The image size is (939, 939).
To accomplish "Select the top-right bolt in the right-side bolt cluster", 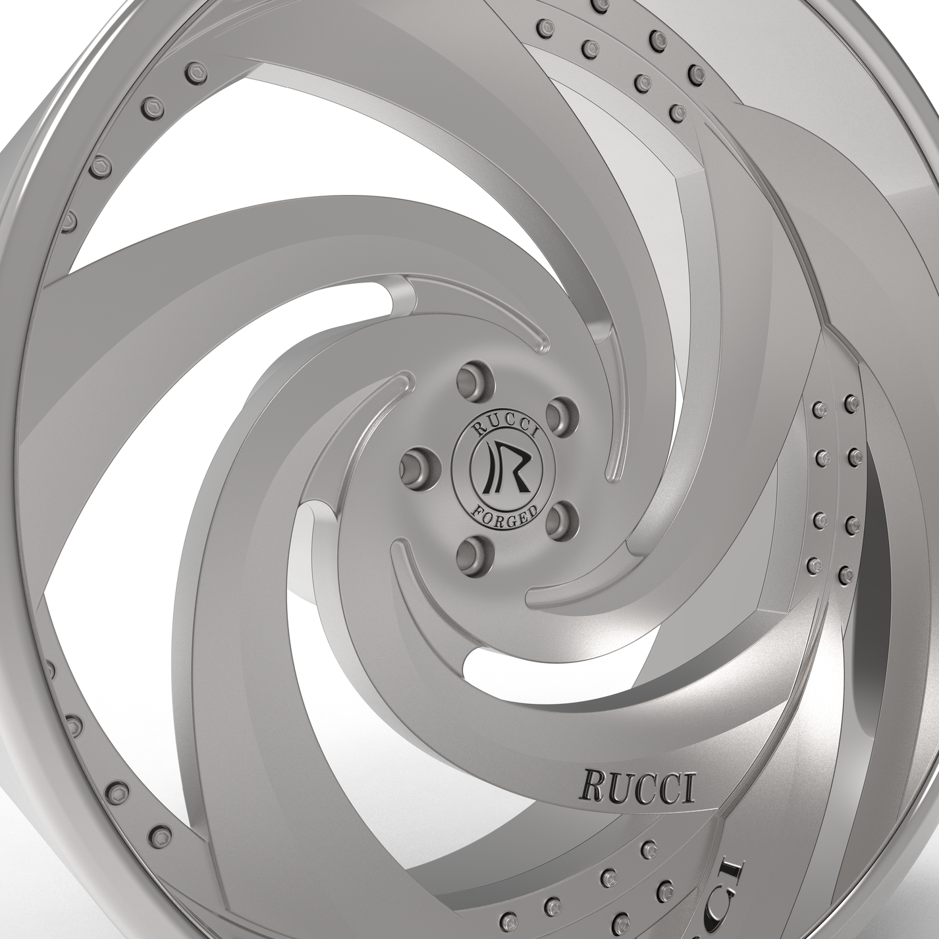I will [850, 400].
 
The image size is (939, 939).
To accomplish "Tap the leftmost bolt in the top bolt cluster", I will [544, 28].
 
